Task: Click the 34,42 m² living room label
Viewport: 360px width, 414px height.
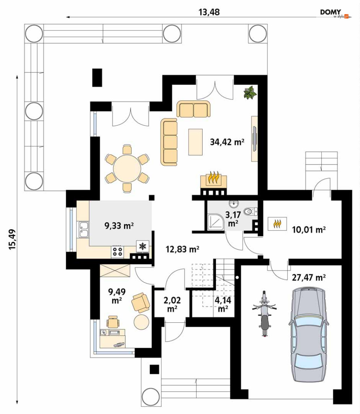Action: [227, 142]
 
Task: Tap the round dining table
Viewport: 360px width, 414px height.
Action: [127, 168]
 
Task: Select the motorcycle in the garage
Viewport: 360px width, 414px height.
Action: [264, 313]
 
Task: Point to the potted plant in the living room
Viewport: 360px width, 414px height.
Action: [250, 93]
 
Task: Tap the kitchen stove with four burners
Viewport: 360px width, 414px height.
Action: [117, 251]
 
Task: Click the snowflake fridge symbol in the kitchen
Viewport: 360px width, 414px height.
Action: [143, 246]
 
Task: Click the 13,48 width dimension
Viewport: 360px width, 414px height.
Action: [209, 12]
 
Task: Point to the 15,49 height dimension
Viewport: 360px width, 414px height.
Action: [12, 239]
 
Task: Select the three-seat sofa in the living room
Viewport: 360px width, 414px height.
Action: [169, 142]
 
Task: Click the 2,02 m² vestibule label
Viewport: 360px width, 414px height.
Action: [172, 304]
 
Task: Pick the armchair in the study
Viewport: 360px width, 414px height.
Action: [141, 302]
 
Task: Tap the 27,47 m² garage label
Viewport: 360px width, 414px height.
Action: [309, 277]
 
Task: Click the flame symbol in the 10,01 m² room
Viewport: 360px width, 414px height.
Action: [277, 224]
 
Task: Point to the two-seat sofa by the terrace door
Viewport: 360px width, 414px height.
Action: [194, 109]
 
